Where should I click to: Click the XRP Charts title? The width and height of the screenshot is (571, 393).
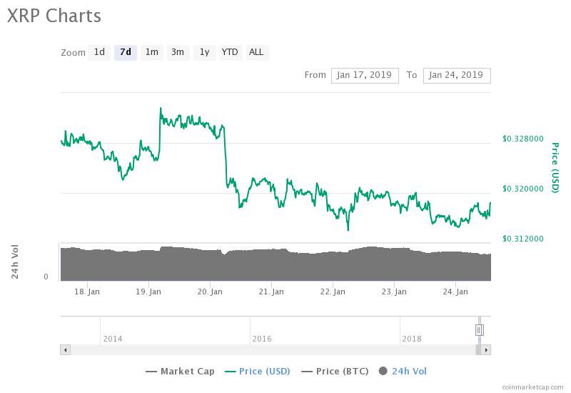click(x=54, y=16)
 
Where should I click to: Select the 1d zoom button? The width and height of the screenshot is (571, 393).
click(x=99, y=52)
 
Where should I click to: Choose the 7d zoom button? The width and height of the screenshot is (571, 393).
click(x=126, y=52)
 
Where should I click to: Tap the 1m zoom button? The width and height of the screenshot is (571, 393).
click(x=151, y=52)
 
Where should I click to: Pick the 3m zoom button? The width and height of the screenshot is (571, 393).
click(x=178, y=52)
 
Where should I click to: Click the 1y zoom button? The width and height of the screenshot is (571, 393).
click(x=204, y=52)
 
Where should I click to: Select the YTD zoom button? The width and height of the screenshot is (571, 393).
click(x=230, y=52)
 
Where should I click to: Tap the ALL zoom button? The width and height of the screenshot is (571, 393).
click(x=256, y=52)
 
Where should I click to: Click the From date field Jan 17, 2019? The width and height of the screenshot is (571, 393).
click(x=364, y=75)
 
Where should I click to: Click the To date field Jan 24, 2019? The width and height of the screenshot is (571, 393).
click(x=457, y=75)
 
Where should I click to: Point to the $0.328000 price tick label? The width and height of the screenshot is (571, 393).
click(x=523, y=139)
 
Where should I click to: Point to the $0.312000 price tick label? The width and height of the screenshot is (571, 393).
click(x=523, y=239)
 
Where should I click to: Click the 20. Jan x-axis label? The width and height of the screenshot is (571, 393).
click(x=210, y=292)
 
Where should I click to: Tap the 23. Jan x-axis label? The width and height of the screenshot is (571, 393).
click(x=394, y=292)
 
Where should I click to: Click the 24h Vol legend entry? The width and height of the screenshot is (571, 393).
click(x=403, y=371)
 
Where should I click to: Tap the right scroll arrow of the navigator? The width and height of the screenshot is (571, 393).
click(x=486, y=350)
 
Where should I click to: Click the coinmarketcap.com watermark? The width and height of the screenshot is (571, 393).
click(x=532, y=387)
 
